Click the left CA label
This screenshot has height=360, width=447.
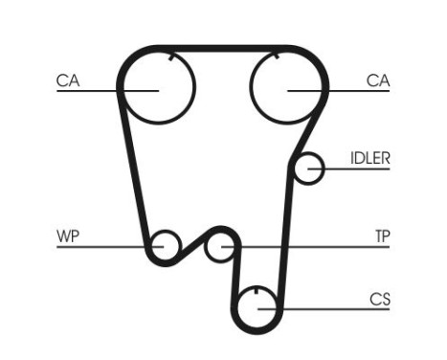tap(67, 81)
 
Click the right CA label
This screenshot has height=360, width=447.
tap(378, 81)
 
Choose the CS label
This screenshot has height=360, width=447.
tap(380, 300)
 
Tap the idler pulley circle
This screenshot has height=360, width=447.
tap(308, 169)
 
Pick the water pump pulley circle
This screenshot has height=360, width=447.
tap(166, 246)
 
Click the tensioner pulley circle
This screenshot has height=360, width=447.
tap(222, 247)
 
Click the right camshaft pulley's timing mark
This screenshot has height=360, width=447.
tap(277, 56)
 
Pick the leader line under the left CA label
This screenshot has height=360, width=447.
tap(96, 90)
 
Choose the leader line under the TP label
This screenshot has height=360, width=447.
tap(316, 247)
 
